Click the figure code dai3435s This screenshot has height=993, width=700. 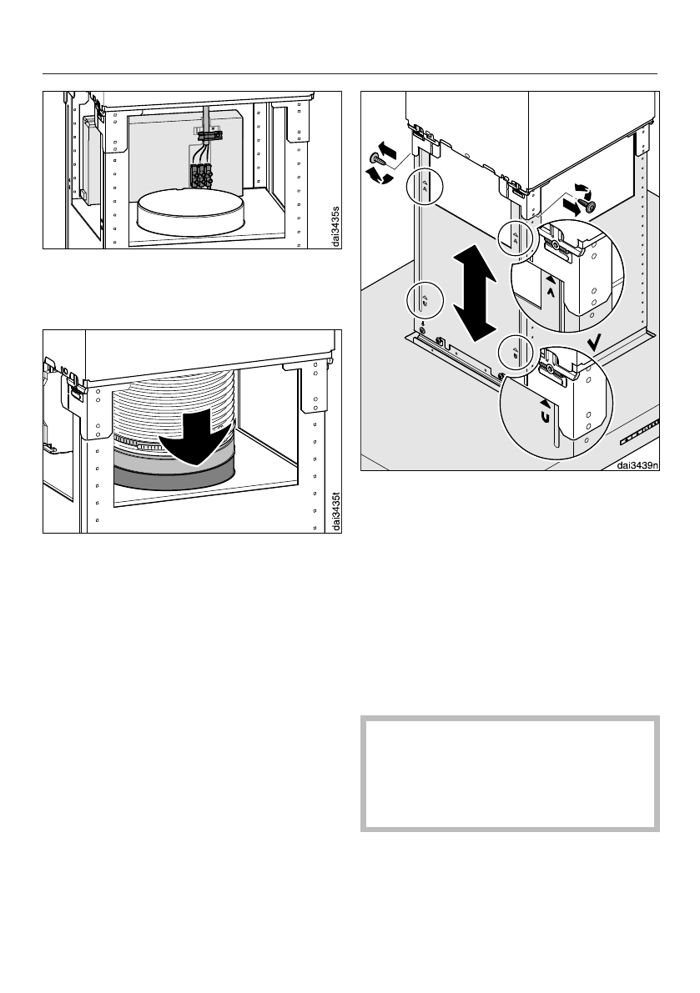tap(335, 225)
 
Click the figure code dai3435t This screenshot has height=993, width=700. tap(335, 510)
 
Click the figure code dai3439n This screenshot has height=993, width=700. tap(637, 466)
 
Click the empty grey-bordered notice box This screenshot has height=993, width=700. tap(510, 772)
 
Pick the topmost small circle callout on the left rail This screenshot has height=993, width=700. tap(424, 186)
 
